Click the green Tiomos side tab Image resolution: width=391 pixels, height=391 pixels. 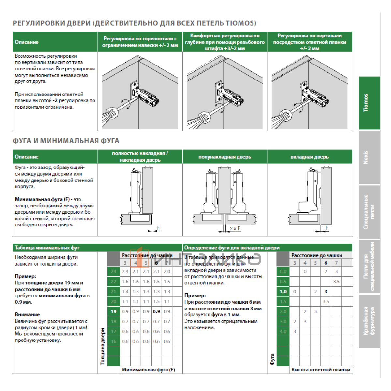click(x=369, y=103)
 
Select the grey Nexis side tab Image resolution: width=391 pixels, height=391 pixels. click(x=369, y=158)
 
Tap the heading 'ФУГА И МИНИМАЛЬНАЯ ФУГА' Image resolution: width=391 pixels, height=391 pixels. click(x=66, y=141)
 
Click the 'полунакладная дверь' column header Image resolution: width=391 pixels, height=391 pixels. click(x=225, y=157)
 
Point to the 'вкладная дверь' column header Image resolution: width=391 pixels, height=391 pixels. click(x=310, y=157)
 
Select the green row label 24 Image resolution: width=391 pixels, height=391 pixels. click(x=113, y=271)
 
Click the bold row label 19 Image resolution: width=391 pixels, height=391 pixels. click(x=113, y=311)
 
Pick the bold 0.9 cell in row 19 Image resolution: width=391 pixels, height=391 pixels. click(x=156, y=311)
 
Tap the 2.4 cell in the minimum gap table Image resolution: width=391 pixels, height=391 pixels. click(x=125, y=271)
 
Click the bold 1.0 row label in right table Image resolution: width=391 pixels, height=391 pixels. click(x=283, y=292)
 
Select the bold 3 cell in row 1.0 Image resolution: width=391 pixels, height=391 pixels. click(x=326, y=292)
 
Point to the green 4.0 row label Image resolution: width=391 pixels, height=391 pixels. click(x=283, y=331)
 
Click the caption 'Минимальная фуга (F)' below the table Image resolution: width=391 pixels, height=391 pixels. click(x=148, y=370)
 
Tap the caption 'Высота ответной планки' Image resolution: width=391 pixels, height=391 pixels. click(x=321, y=370)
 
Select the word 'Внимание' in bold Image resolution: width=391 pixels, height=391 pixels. click(x=27, y=315)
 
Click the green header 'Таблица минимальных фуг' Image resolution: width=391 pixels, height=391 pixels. click(x=42, y=248)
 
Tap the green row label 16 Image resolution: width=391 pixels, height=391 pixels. click(x=113, y=341)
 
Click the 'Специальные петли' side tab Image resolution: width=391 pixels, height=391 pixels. click(x=369, y=212)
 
